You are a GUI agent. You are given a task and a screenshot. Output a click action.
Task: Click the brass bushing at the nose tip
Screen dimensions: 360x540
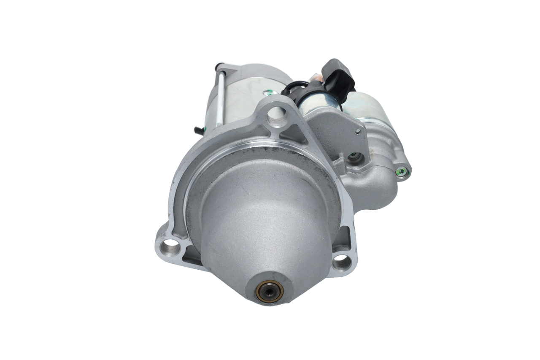[269, 291]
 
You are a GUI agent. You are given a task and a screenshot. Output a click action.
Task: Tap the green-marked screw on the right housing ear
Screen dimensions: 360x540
[402, 171]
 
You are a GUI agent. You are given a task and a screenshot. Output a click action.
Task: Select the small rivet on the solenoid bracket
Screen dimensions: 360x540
[357, 132]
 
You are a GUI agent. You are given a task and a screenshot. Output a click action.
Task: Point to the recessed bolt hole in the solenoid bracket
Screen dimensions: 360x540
[355, 157]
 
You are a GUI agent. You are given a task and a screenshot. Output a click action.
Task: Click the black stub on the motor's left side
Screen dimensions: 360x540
[197, 130]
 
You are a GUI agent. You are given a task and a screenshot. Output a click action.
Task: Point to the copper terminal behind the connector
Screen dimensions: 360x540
[314, 78]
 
